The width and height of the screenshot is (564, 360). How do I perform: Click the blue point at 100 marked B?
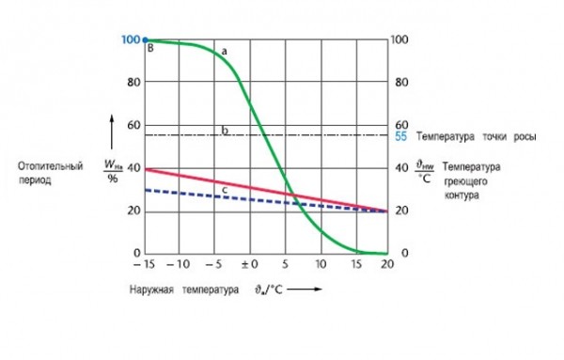point(145,40)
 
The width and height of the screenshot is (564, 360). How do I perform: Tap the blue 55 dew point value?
point(400,136)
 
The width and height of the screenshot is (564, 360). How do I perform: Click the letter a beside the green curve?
point(224,52)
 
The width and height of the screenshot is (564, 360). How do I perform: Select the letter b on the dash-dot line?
point(225,130)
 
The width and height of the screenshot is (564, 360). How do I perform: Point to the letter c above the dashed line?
point(225,190)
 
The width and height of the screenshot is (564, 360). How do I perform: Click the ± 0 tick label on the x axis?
point(250,264)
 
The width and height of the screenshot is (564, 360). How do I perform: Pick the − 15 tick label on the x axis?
point(144,264)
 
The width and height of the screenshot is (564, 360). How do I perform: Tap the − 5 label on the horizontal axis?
point(213,264)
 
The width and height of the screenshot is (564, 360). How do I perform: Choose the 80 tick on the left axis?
point(133,83)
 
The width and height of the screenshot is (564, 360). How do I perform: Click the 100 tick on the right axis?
point(399,39)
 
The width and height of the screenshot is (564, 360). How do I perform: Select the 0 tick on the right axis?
point(404,253)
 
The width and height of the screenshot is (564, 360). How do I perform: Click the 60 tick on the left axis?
point(133,125)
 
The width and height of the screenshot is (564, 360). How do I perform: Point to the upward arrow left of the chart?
point(112,132)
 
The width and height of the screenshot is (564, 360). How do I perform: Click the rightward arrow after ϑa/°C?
point(305,289)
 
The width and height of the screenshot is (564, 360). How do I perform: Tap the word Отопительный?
point(51,166)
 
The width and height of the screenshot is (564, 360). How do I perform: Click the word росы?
point(525,136)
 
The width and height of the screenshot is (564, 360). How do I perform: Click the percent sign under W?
point(113,178)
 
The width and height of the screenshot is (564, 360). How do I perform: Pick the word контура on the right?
point(462,196)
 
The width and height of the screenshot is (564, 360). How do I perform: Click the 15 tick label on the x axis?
point(356,264)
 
